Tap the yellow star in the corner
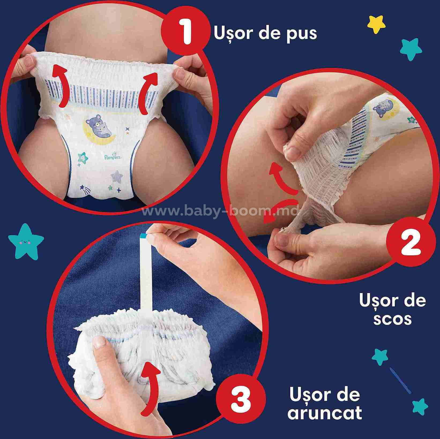[x=376, y=24]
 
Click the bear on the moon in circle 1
[x=100, y=126]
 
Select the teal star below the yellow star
[x=411, y=49]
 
